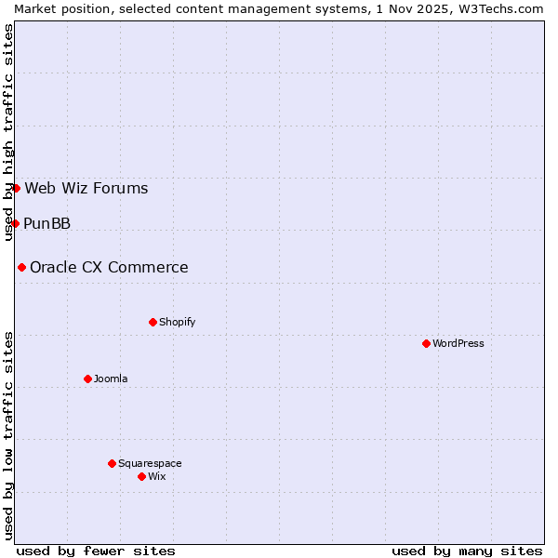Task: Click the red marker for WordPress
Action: [426, 343]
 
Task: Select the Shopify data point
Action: [153, 322]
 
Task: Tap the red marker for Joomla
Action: [87, 379]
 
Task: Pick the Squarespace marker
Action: [112, 463]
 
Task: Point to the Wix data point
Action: [141, 476]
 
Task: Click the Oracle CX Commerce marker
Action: [21, 267]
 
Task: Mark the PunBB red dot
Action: [15, 223]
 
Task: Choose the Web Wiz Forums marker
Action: [16, 188]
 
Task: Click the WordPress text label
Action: [458, 343]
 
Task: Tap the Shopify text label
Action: [178, 322]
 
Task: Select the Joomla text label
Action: [111, 379]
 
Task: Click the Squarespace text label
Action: [150, 463]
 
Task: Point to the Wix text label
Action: [157, 476]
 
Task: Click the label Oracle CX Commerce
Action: [109, 267]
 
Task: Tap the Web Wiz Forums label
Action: [86, 188]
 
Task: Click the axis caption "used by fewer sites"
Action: [96, 551]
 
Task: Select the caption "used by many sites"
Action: [467, 551]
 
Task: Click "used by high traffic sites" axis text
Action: [8, 132]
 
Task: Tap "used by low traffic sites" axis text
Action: [8, 434]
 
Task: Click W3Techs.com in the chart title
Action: [498, 8]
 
